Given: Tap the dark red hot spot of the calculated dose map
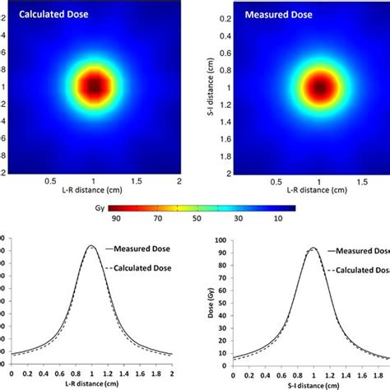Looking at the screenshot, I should (94, 86).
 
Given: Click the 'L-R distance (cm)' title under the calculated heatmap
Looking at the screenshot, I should (94, 191).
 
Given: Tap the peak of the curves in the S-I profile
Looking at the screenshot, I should (313, 248).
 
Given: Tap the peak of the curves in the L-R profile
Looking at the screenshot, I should (91, 246).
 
